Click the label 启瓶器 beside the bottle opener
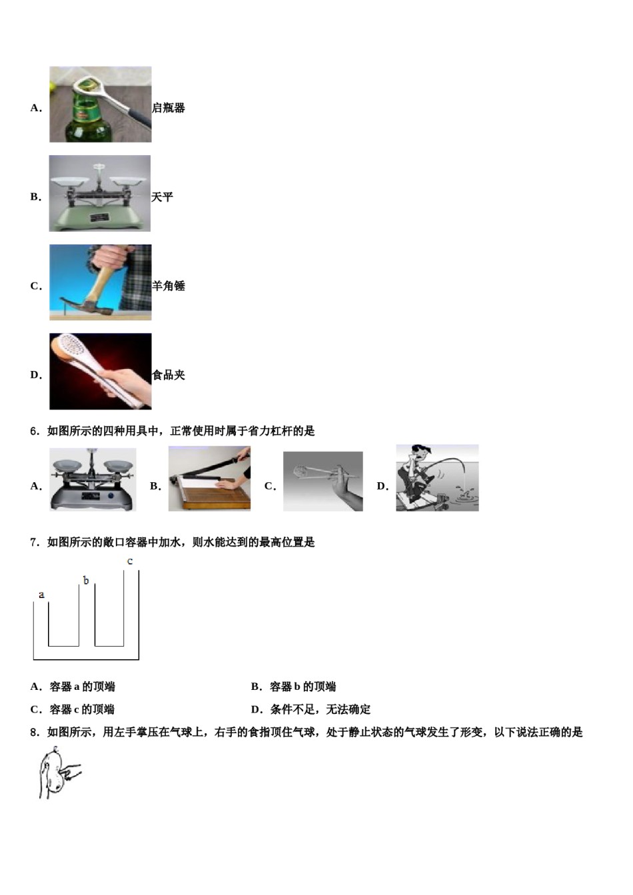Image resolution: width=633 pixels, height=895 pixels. pos(169,108)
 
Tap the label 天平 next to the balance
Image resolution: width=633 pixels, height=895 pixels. pos(162,197)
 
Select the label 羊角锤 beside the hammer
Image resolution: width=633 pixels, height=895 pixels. pos(169,286)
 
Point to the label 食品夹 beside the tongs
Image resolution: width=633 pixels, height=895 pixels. pos(169,375)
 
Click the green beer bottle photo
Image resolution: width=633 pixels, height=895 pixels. pos(100,105)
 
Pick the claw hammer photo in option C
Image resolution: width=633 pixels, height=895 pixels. pos(100,282)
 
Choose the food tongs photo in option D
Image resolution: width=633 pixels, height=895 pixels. pos(100,372)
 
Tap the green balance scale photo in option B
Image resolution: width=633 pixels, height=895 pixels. pos(100,194)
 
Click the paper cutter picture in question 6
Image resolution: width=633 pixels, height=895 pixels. pos(209,479)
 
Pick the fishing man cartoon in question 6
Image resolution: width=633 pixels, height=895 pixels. pos(437,478)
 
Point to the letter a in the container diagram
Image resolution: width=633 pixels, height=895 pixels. pos(41,595)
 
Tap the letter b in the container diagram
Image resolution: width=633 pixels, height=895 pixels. pos(86,581)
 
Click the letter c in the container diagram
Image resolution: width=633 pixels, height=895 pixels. pos(130,561)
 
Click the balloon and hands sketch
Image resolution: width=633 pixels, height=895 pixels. pos(57,773)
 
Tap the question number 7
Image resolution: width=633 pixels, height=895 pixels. pos(35,543)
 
